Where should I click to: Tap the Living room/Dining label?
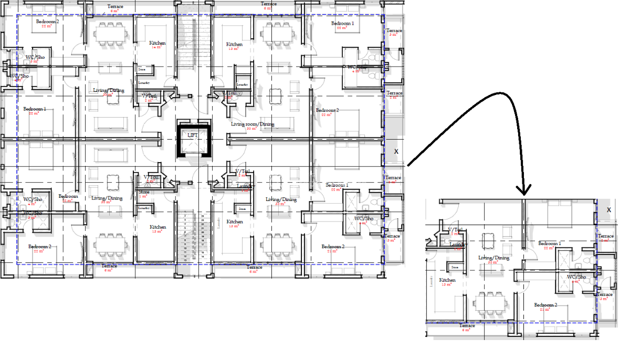(253, 124)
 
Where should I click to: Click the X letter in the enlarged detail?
(609, 210)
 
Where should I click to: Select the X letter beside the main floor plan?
(396, 151)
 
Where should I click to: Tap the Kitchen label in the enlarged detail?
(447, 280)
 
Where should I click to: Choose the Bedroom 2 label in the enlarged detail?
(545, 305)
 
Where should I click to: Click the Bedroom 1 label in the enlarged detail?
(549, 244)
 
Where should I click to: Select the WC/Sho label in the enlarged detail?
(576, 277)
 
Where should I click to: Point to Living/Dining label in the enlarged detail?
(493, 258)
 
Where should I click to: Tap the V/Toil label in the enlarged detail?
(455, 230)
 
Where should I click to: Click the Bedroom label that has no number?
(68, 197)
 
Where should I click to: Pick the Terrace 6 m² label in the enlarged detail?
(467, 326)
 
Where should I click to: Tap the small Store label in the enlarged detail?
(455, 267)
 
